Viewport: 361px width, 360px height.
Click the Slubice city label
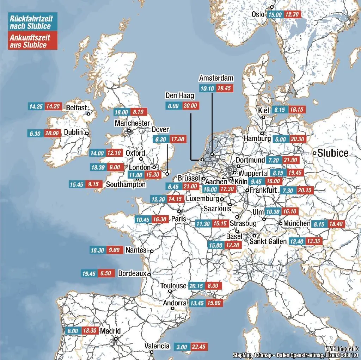333,153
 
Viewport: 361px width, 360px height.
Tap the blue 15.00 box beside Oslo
275,14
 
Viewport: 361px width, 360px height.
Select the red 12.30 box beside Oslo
292,14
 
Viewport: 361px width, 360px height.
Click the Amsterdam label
216,78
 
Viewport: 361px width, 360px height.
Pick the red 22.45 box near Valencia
198,347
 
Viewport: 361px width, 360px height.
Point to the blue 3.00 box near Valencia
182,347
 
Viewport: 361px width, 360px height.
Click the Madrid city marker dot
116,339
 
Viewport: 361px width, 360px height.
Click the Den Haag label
180,96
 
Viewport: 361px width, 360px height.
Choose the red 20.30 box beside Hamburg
298,139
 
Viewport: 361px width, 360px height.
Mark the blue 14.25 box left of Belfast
36,106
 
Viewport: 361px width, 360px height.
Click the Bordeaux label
132,273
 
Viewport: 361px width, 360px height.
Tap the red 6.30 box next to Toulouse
213,286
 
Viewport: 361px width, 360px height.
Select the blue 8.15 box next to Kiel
280,110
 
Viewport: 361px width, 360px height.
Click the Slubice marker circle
314,153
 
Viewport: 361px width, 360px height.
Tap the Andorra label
175,303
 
